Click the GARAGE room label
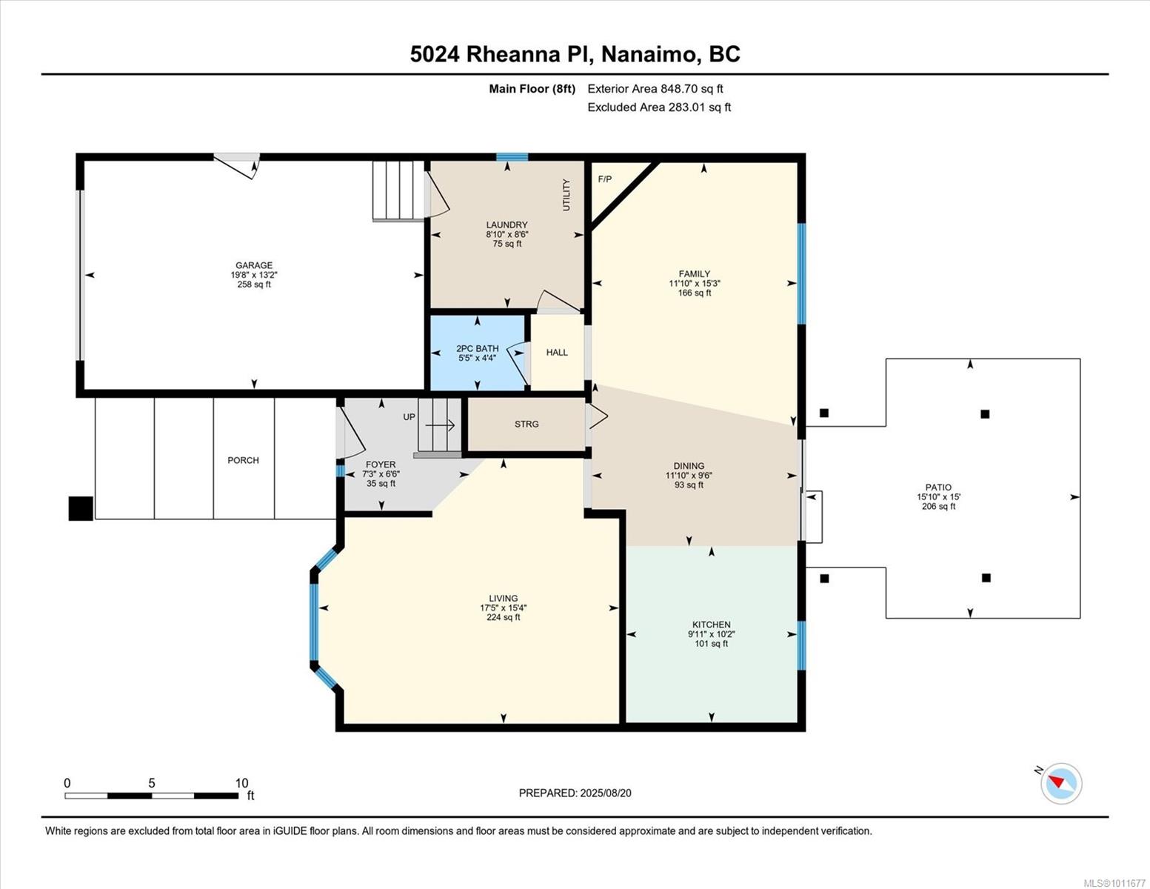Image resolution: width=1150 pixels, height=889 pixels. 254,265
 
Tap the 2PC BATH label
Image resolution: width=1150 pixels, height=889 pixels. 478,348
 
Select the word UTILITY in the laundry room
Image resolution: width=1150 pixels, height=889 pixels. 566,195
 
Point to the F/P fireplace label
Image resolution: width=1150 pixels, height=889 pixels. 605,179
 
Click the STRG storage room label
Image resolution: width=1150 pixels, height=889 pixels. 526,424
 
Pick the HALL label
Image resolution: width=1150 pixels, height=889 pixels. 557,353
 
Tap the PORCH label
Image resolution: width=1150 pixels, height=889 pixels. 244,461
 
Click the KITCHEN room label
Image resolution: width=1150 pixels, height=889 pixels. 712,625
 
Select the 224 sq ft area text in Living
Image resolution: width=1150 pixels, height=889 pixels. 504,617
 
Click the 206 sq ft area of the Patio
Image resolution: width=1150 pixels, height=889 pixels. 938,506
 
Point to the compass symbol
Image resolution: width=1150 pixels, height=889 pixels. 1061,783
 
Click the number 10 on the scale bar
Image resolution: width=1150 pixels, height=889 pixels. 241,782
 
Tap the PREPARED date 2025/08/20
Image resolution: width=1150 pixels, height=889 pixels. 606,793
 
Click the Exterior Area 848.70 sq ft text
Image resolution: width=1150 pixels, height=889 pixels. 655,89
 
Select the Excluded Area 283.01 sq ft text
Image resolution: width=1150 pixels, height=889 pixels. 659,107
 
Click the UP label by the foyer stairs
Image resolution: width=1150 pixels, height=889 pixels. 409,417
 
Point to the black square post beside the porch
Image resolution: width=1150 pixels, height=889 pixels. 81,508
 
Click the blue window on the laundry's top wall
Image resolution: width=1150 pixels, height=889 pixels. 512,157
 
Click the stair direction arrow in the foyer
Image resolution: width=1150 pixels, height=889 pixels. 440,425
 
